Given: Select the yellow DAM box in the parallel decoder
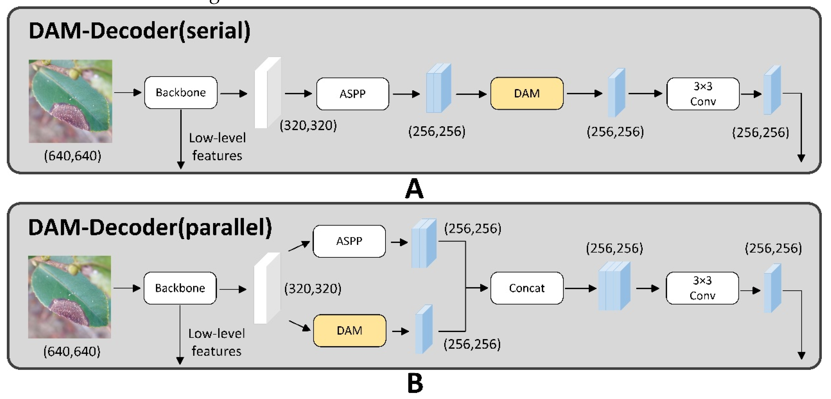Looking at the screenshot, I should pyautogui.click(x=349, y=330).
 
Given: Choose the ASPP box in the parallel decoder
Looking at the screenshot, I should pyautogui.click(x=349, y=241).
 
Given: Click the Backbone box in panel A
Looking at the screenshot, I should pyautogui.click(x=181, y=92).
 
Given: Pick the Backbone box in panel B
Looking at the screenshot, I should pyautogui.click(x=180, y=288).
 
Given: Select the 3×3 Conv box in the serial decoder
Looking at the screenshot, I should pyautogui.click(x=703, y=94).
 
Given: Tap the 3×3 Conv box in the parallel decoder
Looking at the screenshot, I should pyautogui.click(x=702, y=288).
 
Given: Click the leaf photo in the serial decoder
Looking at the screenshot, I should pyautogui.click(x=70, y=101).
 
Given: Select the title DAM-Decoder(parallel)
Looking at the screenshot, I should pyautogui.click(x=150, y=228).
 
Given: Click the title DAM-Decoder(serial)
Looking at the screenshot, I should pyautogui.click(x=139, y=31).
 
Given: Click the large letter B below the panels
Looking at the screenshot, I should pyautogui.click(x=415, y=383).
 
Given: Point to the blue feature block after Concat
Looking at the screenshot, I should pyautogui.click(x=614, y=286).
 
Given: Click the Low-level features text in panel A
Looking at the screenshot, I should pyautogui.click(x=217, y=147).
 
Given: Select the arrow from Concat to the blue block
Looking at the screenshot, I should pyautogui.click(x=580, y=288).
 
